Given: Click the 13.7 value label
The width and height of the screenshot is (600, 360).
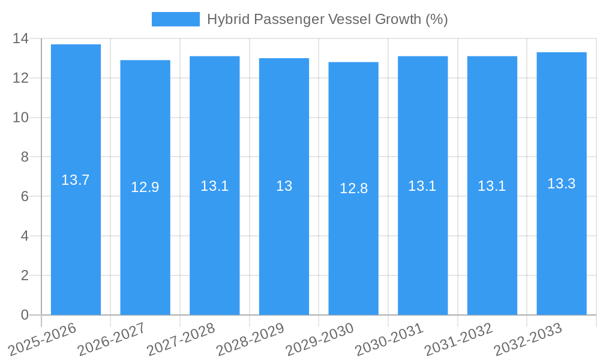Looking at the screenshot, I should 76,180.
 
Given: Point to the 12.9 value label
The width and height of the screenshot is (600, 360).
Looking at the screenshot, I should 145,187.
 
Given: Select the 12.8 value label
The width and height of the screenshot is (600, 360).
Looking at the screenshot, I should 353,188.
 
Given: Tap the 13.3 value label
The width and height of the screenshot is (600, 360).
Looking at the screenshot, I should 562,184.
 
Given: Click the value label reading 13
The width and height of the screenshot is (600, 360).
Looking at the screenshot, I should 284,186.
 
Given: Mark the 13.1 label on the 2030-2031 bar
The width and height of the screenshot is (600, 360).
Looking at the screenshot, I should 422,186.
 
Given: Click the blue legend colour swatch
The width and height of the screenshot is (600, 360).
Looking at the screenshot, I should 175,19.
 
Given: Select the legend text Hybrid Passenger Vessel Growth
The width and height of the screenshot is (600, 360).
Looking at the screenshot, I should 328,19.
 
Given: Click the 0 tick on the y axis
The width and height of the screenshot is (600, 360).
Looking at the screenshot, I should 25,315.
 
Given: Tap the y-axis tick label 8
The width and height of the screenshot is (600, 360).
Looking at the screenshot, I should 25,157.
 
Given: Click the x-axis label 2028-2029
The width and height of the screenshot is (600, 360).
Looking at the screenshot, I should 251,340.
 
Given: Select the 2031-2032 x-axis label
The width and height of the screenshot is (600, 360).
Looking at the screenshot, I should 459,340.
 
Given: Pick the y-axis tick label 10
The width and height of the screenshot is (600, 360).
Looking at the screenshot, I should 21,118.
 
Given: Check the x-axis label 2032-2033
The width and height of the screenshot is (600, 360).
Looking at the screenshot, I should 528,340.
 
